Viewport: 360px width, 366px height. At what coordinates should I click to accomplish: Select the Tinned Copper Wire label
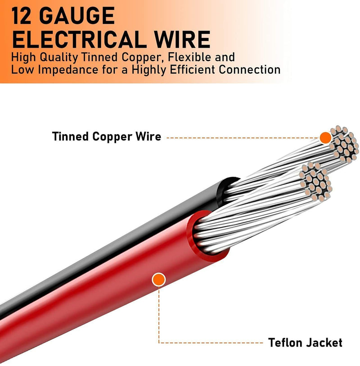(106, 136)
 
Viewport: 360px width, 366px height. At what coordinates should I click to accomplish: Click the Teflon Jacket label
(305, 343)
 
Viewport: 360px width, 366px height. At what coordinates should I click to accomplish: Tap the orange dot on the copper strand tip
(325, 138)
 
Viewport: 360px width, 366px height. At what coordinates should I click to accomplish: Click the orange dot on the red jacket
(158, 280)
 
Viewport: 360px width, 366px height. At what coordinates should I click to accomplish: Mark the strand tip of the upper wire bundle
(344, 144)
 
